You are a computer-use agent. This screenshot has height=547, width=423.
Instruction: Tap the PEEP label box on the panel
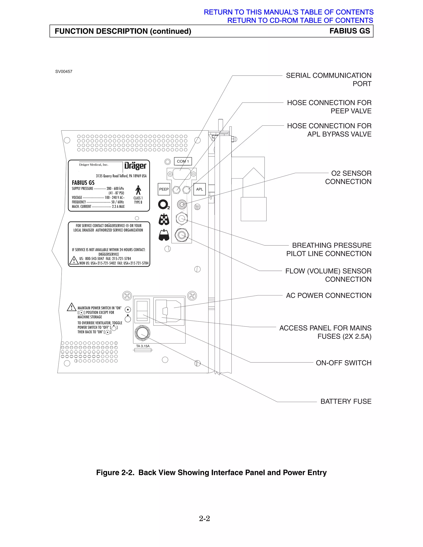pos(164,189)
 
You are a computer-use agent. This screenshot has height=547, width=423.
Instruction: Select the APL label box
pos(200,189)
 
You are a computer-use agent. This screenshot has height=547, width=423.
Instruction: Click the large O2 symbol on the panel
pos(163,204)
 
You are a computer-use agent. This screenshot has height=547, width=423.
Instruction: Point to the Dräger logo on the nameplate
pos(135,166)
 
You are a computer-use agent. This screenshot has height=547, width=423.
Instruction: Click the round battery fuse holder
pos(142,333)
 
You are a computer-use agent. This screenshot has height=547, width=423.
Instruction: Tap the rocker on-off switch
pos(142,311)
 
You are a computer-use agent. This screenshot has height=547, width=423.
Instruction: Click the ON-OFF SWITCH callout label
pos(343,363)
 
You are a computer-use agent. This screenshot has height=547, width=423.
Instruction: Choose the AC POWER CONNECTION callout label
pos(329,296)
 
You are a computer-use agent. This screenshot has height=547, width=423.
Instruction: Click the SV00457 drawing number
pos(64,72)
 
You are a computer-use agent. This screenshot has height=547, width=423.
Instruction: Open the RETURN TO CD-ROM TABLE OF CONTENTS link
pos(300,20)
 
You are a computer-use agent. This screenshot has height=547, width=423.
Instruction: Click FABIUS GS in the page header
pos(350,31)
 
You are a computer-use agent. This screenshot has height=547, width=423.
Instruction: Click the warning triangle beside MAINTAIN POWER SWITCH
pos(72,307)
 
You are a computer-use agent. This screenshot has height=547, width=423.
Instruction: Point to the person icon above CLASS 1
pos(138,190)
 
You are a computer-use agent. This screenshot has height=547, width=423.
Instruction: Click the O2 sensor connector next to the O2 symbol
pos(182,204)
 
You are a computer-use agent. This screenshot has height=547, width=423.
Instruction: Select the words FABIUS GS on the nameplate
pos(83,183)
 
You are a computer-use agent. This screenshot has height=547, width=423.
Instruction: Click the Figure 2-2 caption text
pos(211,473)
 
